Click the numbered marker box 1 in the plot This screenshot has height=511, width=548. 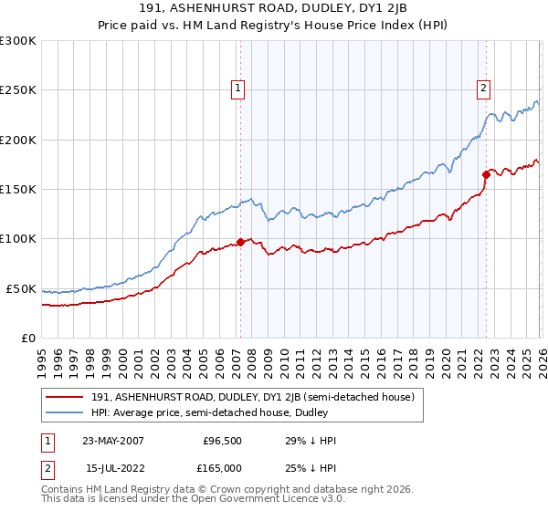pyautogui.click(x=237, y=89)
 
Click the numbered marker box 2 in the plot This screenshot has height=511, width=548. pyautogui.click(x=482, y=89)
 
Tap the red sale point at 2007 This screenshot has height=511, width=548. pyautogui.click(x=240, y=242)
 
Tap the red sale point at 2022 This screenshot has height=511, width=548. pyautogui.click(x=486, y=174)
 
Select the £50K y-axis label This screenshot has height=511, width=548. pyautogui.click(x=21, y=288)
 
